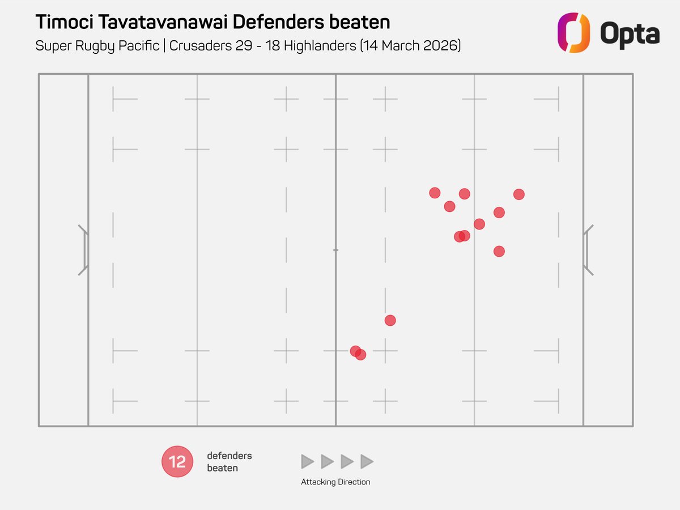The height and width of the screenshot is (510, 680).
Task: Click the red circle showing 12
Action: [177, 462]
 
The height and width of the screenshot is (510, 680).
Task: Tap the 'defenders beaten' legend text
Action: [229, 462]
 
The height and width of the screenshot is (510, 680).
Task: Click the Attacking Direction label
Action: [335, 482]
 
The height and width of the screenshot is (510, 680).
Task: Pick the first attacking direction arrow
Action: [307, 462]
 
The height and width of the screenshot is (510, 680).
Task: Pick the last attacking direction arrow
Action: [367, 462]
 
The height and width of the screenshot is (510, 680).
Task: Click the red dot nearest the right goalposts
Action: [499, 251]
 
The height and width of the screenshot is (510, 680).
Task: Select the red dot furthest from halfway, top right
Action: [518, 194]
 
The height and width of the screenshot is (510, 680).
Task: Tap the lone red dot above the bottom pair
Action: [390, 320]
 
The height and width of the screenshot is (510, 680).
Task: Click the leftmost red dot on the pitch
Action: [355, 351]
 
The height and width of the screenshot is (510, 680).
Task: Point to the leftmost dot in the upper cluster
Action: [435, 193]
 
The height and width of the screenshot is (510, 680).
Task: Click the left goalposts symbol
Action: [83, 250]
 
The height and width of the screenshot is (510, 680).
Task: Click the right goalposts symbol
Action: [588, 250]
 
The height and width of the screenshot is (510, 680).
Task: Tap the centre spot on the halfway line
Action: [335, 250]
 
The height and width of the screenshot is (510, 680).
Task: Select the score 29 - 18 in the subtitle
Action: [244, 46]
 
